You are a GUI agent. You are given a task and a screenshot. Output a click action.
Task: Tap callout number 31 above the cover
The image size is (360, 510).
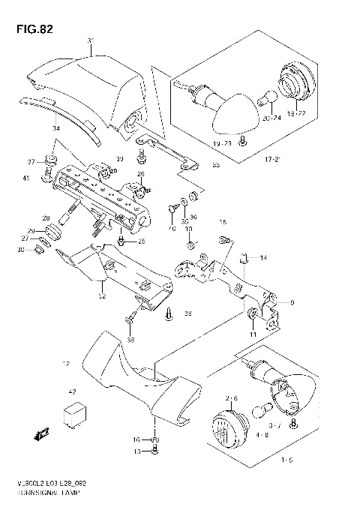click(x=91, y=40)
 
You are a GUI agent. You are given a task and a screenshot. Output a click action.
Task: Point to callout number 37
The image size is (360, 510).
click(x=31, y=162)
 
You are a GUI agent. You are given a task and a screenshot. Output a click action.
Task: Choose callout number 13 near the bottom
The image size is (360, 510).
click(x=136, y=451)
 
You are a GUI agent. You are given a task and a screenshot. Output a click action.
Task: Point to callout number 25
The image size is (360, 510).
click(x=141, y=241)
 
